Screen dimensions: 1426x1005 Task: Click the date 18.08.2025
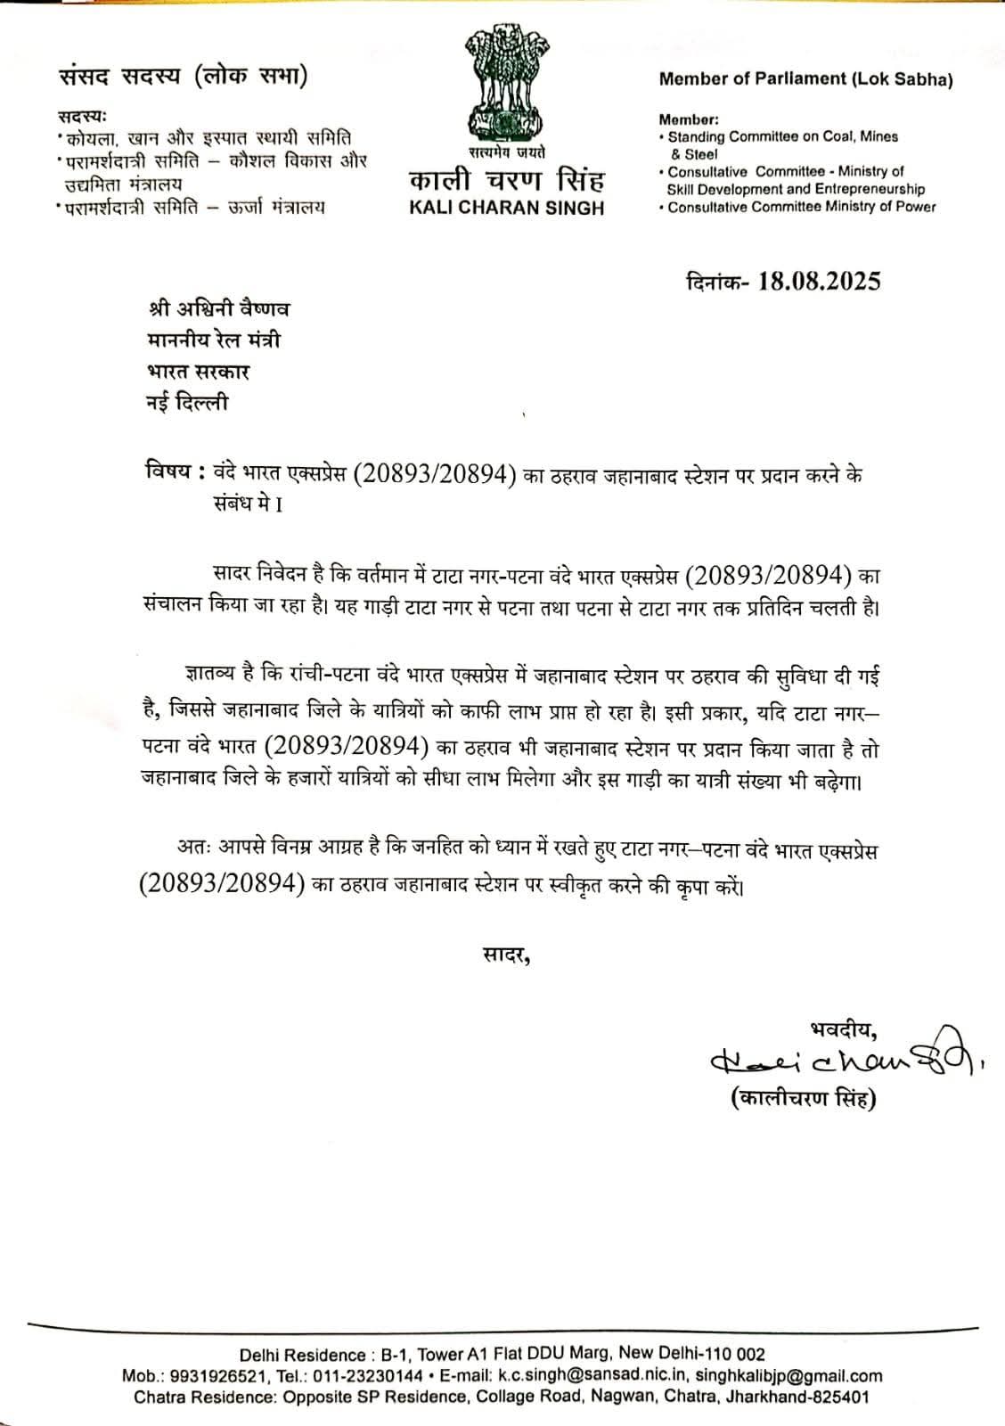[819, 282]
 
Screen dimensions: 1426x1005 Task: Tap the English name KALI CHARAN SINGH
[506, 209]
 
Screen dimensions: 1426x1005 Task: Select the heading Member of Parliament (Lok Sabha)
[805, 79]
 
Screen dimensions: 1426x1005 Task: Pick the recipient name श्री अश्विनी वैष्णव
[218, 309]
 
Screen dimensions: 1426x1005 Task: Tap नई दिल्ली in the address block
[187, 403]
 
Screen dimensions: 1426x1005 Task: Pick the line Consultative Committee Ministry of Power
[802, 207]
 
